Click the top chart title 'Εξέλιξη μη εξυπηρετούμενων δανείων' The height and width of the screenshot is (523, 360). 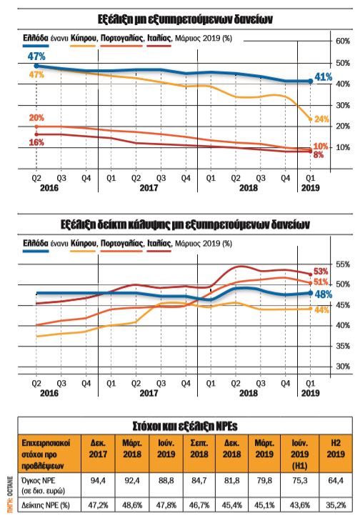pos(179,16)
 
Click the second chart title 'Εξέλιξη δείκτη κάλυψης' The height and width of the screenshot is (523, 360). pos(179,224)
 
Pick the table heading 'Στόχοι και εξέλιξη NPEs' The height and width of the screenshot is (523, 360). pos(179,426)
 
